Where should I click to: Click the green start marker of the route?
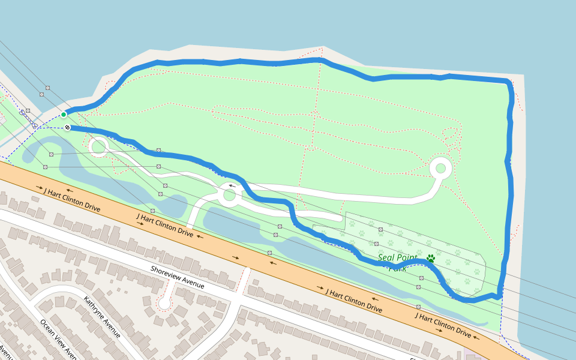point(64,114)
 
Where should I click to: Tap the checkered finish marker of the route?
point(68,127)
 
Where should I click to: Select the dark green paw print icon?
point(431,259)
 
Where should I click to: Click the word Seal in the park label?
point(388,258)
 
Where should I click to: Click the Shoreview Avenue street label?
point(178,278)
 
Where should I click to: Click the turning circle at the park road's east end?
point(441,168)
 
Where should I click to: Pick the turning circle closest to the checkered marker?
point(98,145)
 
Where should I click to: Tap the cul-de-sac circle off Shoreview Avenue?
point(164,303)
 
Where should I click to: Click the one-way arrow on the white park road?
point(232,186)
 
